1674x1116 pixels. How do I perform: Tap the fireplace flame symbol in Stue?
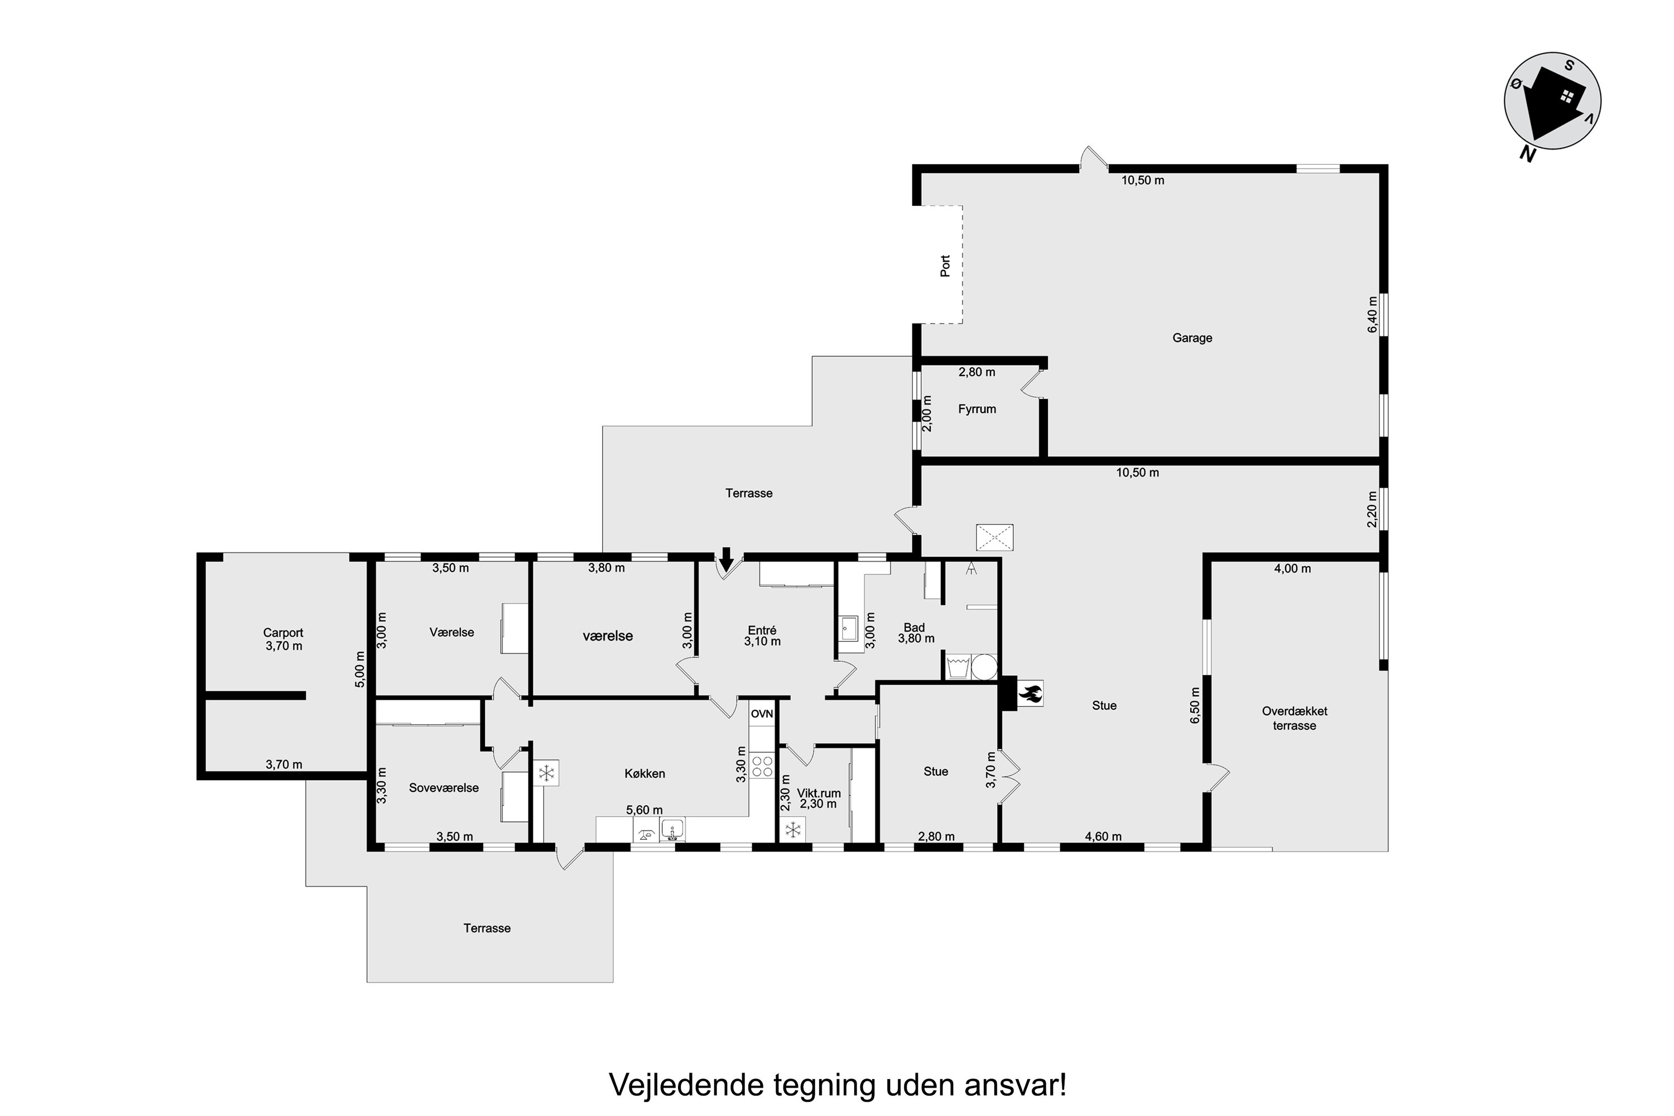point(1031,693)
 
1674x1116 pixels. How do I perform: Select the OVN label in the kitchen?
point(762,714)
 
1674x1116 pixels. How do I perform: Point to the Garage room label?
point(1192,338)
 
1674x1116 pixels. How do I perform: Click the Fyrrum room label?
point(977,409)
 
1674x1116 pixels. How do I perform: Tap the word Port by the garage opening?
point(945,266)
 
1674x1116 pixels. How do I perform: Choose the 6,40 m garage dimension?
point(1372,314)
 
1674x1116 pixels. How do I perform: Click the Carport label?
point(283,633)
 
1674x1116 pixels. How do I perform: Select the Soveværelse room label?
point(444,788)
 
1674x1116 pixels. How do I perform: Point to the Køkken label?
point(645,773)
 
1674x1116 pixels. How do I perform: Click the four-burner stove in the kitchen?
point(762,766)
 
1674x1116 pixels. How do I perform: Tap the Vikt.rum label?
point(819,793)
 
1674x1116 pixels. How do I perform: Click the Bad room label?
point(914,628)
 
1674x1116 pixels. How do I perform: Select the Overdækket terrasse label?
point(1295,718)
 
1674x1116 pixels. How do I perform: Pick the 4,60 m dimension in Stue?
point(1103,836)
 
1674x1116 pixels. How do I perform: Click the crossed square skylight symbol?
point(994,537)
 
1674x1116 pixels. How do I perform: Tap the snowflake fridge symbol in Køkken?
point(546,773)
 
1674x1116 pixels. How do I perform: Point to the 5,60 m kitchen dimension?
point(644,810)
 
